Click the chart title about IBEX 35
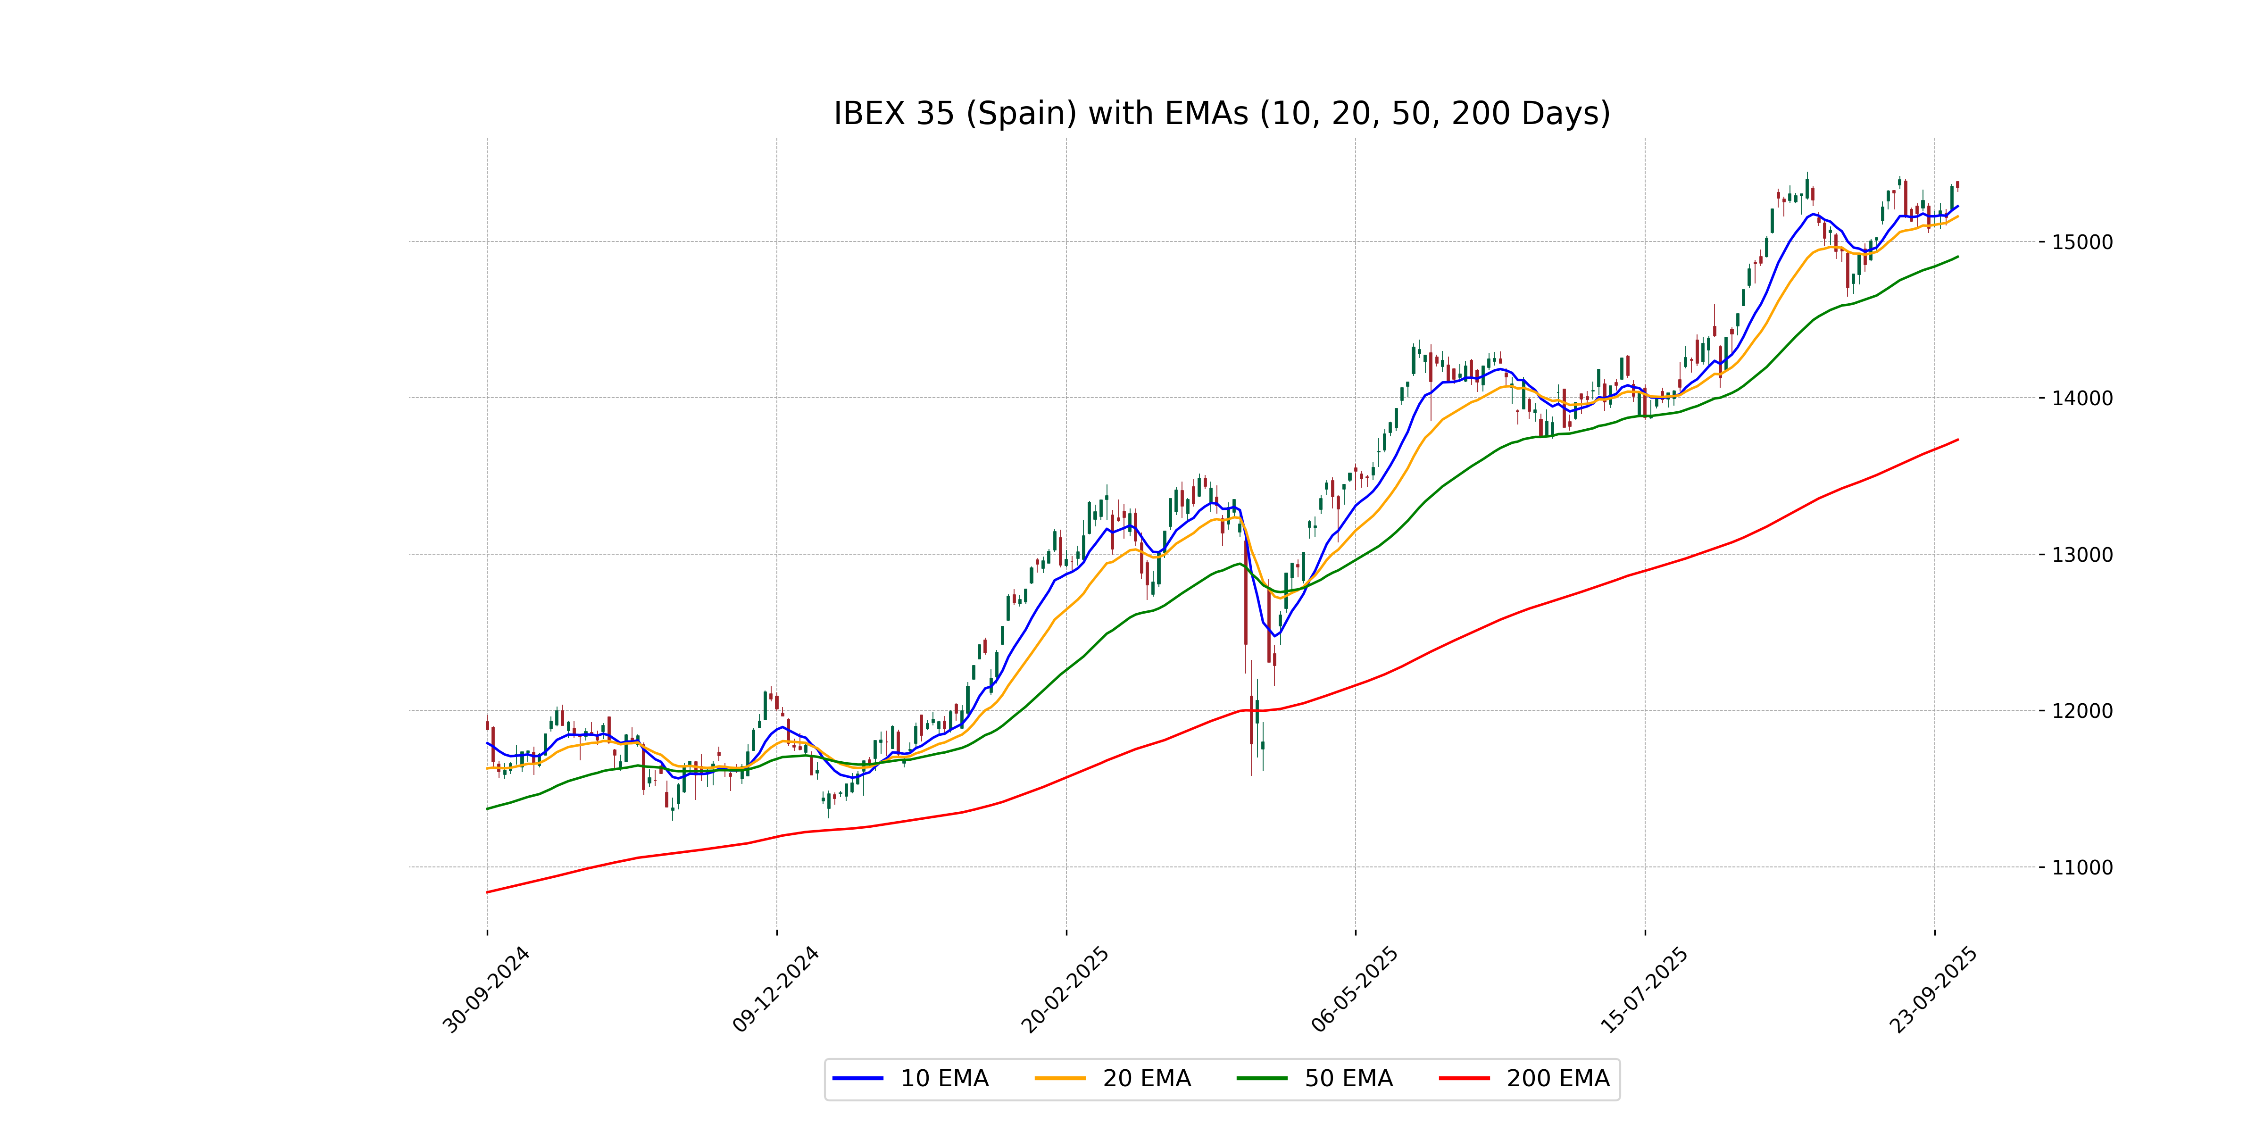click(x=1222, y=113)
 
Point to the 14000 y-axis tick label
click(x=2081, y=398)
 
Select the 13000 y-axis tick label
click(x=2081, y=555)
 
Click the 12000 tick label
click(x=2081, y=711)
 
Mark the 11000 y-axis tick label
click(x=2081, y=867)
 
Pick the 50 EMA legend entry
click(x=1315, y=1078)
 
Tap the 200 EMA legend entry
click(x=1525, y=1078)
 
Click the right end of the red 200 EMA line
click(x=1957, y=440)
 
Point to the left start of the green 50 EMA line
click(x=488, y=808)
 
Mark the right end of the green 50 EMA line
click(x=1957, y=257)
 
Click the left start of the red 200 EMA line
click(x=488, y=892)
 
